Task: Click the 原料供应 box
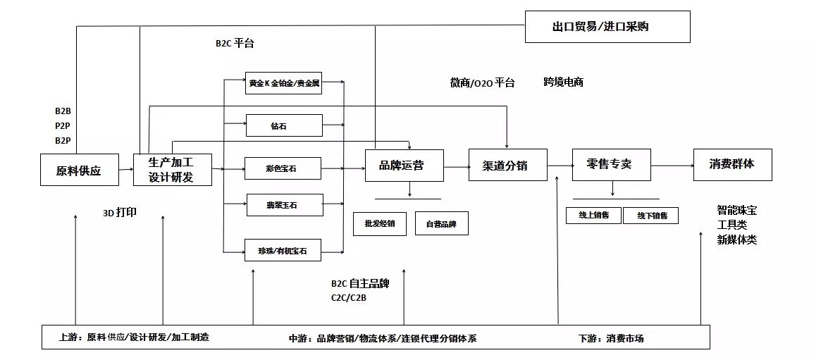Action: tap(79, 170)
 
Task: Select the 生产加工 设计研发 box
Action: tap(173, 170)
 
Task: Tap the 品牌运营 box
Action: tap(404, 166)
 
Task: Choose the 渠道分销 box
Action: tap(507, 166)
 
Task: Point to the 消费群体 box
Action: tap(732, 164)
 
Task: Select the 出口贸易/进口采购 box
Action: tap(607, 27)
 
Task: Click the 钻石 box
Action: tap(283, 125)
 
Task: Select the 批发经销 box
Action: tap(379, 224)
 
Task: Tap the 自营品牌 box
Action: tap(441, 224)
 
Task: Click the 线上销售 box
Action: tap(593, 215)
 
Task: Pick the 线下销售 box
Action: tap(650, 215)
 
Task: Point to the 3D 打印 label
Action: tap(120, 212)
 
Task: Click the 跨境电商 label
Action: tap(563, 82)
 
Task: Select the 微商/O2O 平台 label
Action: tap(482, 82)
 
